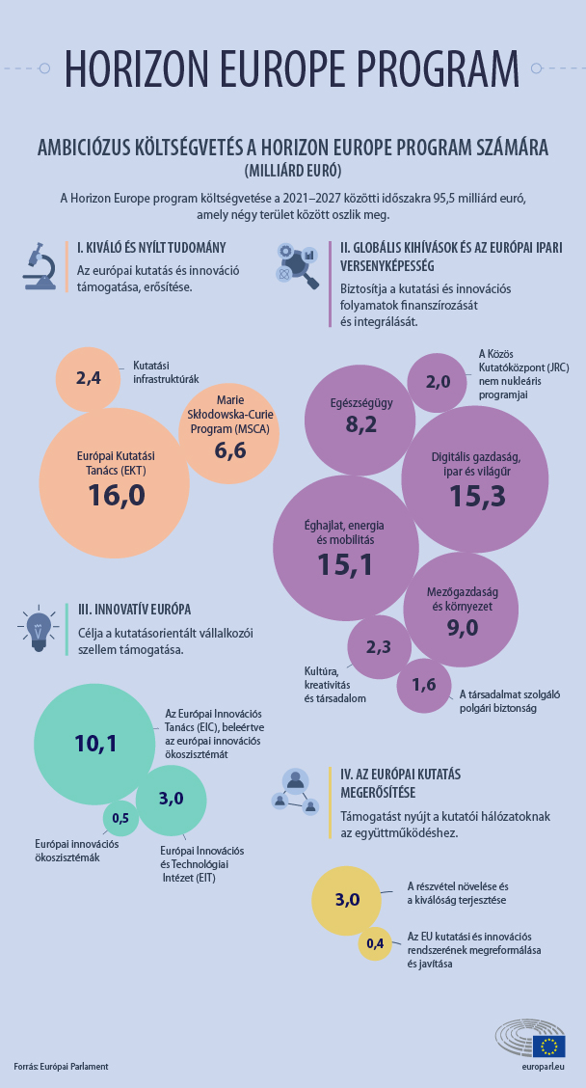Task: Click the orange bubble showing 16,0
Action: pos(115,482)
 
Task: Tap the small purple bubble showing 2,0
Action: pos(438,381)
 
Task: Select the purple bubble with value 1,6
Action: pos(424,685)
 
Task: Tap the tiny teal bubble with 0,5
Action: pos(120,818)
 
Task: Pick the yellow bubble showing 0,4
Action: pos(375,942)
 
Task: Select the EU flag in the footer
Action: pos(550,1046)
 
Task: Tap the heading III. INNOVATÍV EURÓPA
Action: pos(135,609)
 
